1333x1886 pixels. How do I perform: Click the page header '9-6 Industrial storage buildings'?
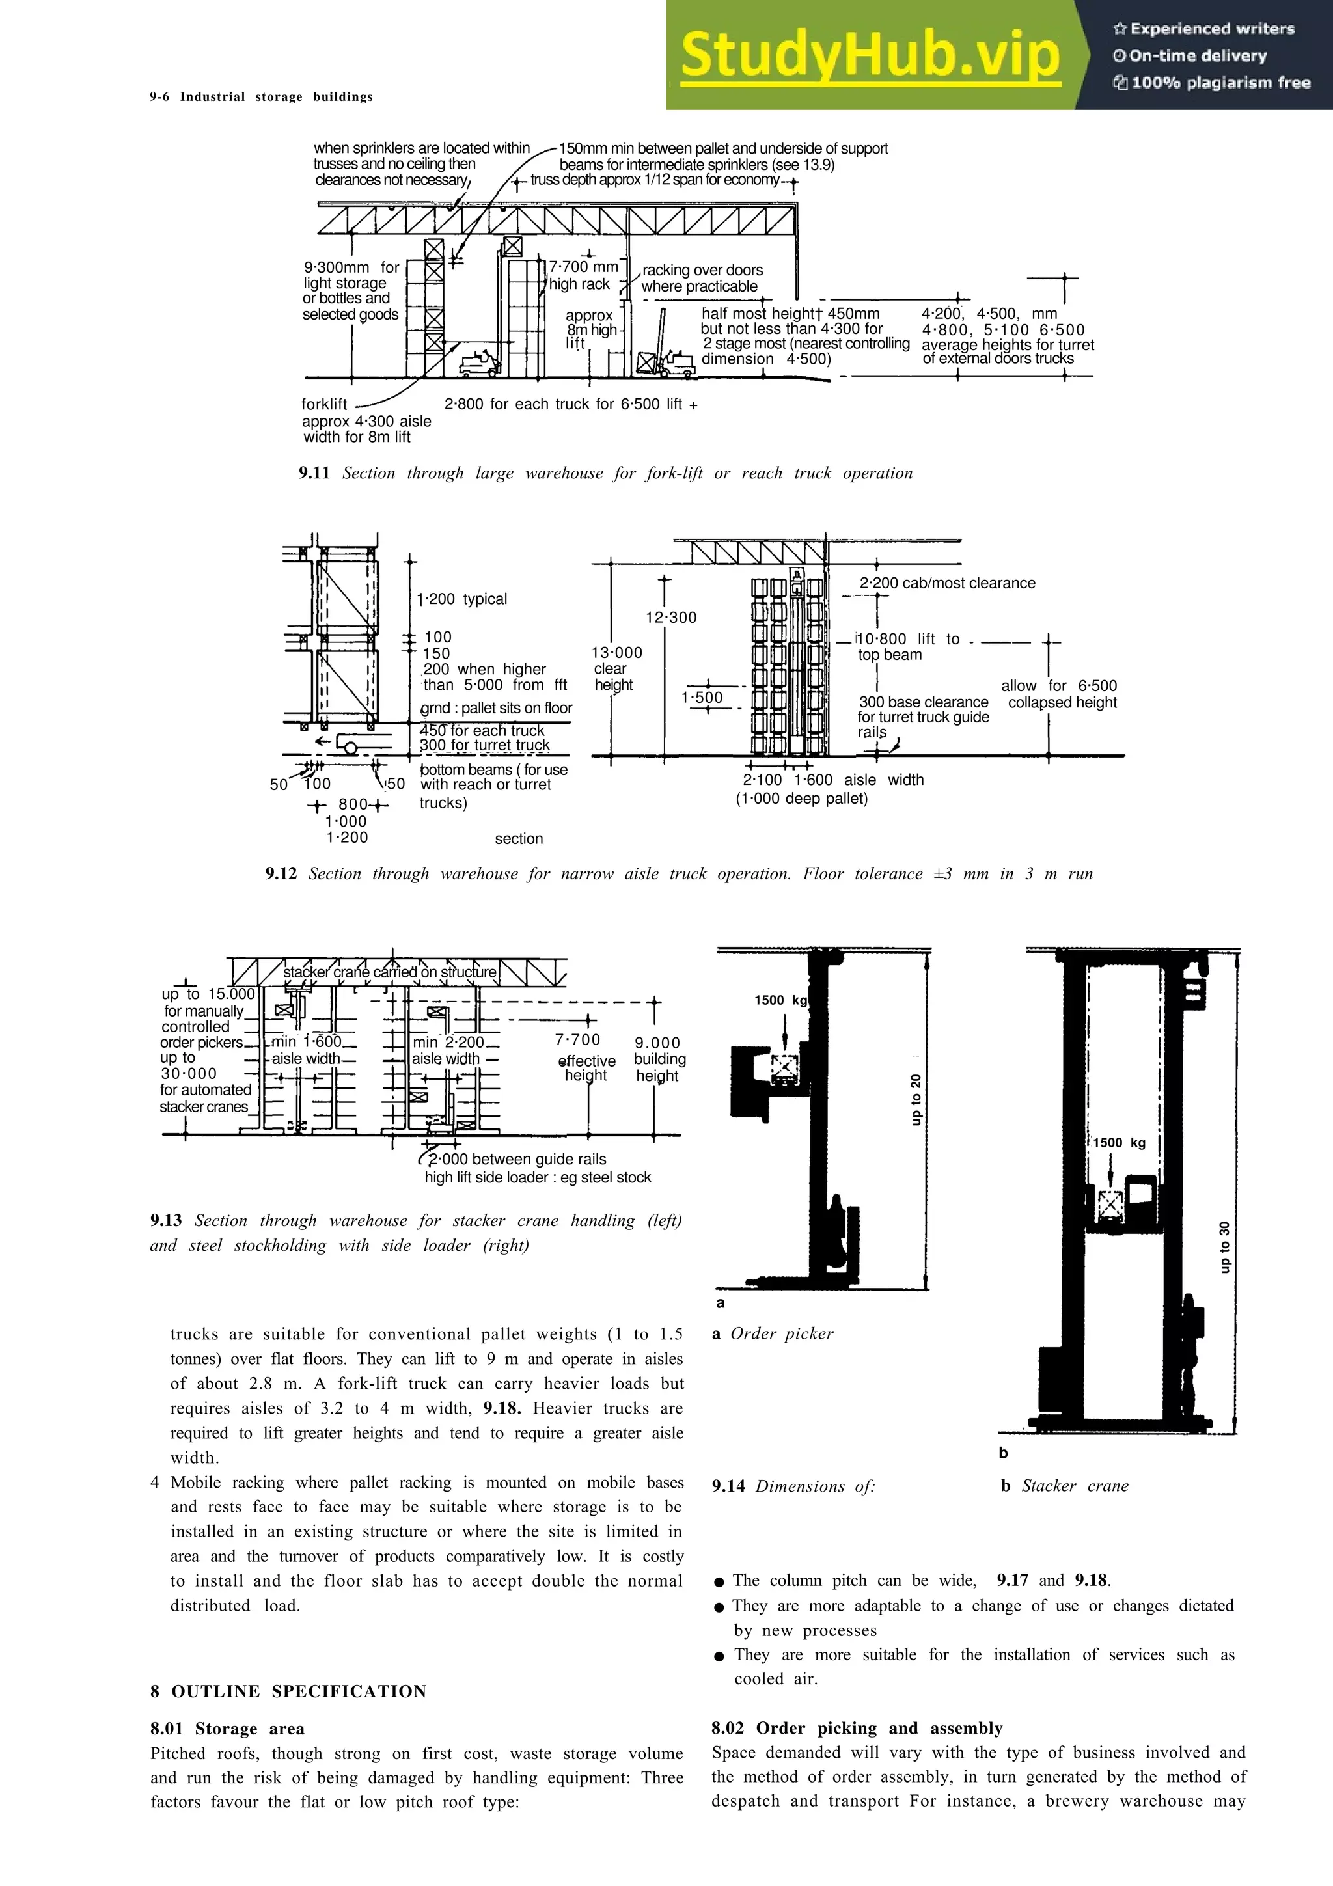click(x=261, y=97)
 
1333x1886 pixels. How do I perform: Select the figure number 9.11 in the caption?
click(x=314, y=473)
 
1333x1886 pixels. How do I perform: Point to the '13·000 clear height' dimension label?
click(x=616, y=668)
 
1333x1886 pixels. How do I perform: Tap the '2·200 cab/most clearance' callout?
click(x=947, y=583)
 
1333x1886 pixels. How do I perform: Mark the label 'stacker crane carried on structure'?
click(x=390, y=972)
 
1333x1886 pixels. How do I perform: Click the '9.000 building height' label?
click(x=659, y=1059)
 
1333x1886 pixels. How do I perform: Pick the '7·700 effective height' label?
click(x=586, y=1058)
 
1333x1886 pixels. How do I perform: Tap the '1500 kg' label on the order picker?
click(x=780, y=1000)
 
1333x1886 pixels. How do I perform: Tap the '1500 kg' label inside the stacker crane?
click(x=1119, y=1143)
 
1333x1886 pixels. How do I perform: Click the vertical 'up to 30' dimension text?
click(x=1224, y=1247)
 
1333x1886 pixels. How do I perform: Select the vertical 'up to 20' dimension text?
click(x=916, y=1099)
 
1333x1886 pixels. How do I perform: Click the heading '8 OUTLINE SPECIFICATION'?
click(x=288, y=1691)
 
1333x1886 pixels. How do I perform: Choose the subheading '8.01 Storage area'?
click(x=228, y=1729)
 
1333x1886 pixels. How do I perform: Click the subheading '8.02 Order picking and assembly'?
click(x=857, y=1729)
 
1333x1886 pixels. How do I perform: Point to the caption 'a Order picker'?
click(x=773, y=1334)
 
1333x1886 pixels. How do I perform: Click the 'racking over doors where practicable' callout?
click(x=702, y=278)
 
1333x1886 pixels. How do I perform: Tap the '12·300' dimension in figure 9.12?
click(x=671, y=617)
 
